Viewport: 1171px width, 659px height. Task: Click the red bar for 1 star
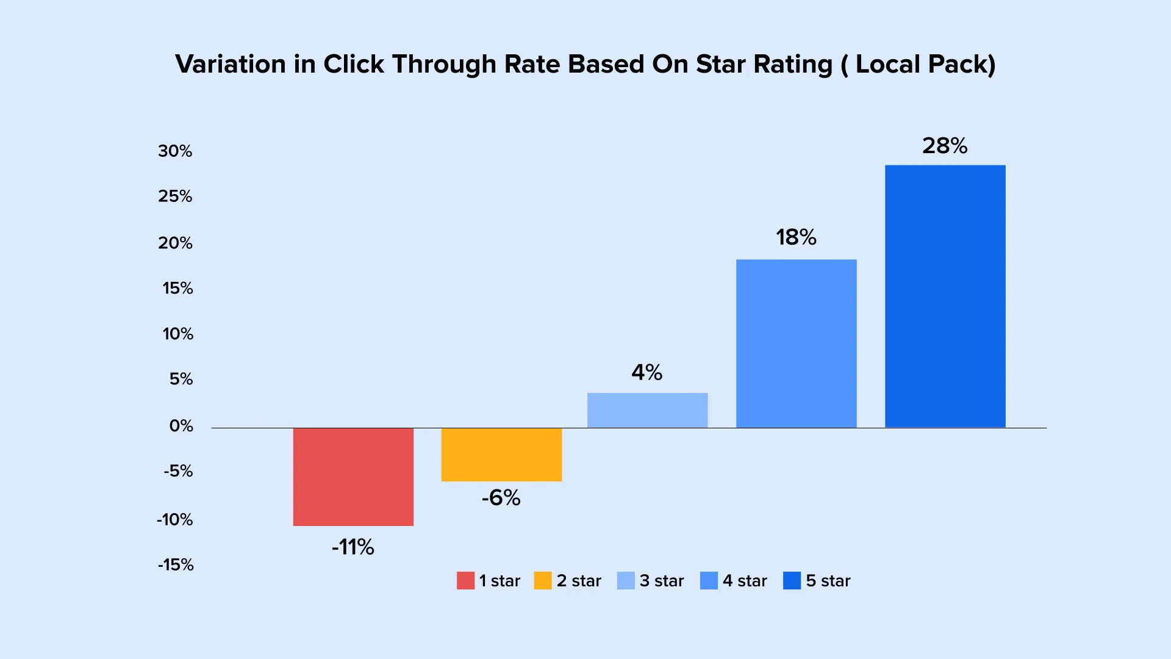[353, 477]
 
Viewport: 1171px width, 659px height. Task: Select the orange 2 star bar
[501, 455]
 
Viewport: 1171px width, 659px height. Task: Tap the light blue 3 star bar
[647, 410]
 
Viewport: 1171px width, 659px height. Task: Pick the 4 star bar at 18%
[796, 344]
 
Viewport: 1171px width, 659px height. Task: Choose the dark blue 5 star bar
[945, 297]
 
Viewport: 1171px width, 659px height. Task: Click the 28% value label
[945, 146]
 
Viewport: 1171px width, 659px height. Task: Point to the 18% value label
[796, 237]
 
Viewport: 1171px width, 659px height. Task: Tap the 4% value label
[647, 372]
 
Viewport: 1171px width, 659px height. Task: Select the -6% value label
[501, 498]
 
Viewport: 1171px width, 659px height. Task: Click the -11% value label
[353, 547]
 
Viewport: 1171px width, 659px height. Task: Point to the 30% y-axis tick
[175, 151]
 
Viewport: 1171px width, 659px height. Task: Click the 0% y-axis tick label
[181, 426]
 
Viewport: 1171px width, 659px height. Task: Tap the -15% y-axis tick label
[176, 565]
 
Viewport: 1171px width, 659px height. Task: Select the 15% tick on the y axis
[177, 288]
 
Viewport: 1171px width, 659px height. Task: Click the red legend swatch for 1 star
[465, 580]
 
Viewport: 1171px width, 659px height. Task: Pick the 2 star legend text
[579, 581]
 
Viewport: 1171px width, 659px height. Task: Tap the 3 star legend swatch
[626, 580]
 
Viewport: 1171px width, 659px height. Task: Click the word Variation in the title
[231, 65]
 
